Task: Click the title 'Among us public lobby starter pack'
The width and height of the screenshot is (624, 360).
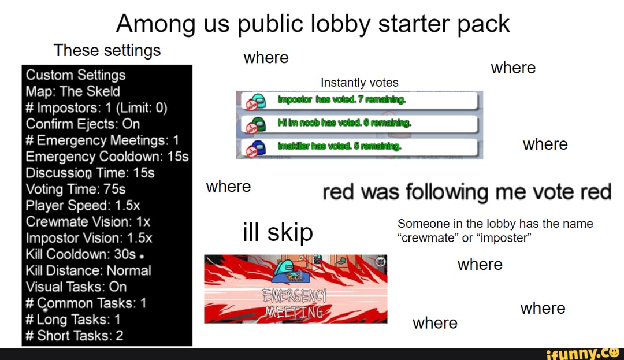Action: coord(313,24)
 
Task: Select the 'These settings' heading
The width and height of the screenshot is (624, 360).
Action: coord(107,51)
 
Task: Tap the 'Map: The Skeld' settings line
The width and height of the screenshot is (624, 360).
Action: coord(73,91)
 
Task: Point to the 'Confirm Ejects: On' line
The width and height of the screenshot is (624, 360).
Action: coord(83,124)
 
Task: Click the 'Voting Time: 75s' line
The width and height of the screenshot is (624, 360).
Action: coord(75,189)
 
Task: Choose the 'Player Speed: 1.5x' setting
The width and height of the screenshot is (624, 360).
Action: coord(83,205)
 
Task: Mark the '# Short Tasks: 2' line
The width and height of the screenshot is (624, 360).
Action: coord(75,336)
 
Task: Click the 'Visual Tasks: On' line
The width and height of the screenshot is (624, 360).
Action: coord(76,287)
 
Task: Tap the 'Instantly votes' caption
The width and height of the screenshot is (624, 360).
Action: coord(359,83)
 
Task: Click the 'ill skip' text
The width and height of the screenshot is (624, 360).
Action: coord(277,232)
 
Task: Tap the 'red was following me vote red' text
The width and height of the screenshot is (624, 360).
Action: coord(466,191)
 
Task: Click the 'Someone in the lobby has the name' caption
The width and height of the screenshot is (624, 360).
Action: coord(495,224)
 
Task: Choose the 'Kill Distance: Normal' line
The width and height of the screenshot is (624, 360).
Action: coord(88,270)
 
